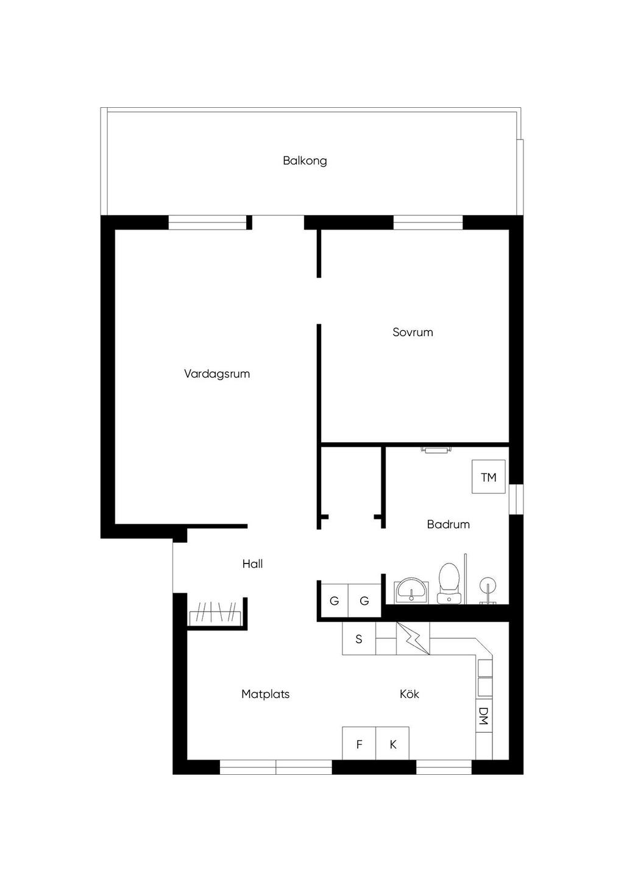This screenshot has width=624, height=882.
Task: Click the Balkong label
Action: tap(305, 161)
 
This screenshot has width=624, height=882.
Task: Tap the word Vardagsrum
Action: tap(217, 373)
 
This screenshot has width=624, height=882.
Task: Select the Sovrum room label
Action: tap(413, 333)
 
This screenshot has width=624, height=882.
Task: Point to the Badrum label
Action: tap(448, 524)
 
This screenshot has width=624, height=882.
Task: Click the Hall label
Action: tap(252, 564)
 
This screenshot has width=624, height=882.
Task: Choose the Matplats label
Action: tap(266, 694)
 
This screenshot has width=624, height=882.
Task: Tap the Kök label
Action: tap(409, 694)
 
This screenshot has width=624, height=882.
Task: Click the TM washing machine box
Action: tap(489, 476)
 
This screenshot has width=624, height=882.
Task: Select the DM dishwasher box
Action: tap(484, 716)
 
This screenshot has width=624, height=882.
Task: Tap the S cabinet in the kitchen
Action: tap(359, 639)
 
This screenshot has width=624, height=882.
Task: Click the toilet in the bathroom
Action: tap(449, 583)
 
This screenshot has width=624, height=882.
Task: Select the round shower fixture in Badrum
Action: tap(488, 585)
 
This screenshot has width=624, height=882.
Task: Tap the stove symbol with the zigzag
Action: tap(413, 639)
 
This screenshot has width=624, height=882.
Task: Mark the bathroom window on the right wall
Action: tap(517, 499)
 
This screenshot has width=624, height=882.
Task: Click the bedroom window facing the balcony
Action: tap(428, 222)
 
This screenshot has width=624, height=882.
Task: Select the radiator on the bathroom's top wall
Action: tap(436, 450)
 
